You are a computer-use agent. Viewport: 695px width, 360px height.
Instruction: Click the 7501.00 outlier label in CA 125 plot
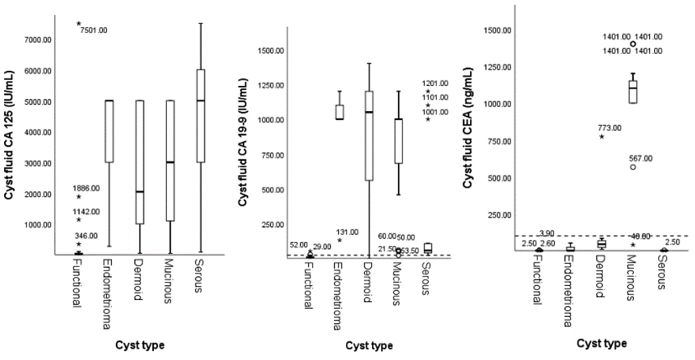click(x=93, y=30)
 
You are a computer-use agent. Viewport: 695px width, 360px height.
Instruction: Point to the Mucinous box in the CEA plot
click(x=633, y=92)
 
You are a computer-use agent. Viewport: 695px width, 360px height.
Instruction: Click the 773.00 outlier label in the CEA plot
click(x=609, y=127)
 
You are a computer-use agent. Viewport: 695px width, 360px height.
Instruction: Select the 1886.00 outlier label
click(x=86, y=188)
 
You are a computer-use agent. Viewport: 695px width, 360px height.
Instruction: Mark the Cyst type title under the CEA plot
click(x=601, y=342)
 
